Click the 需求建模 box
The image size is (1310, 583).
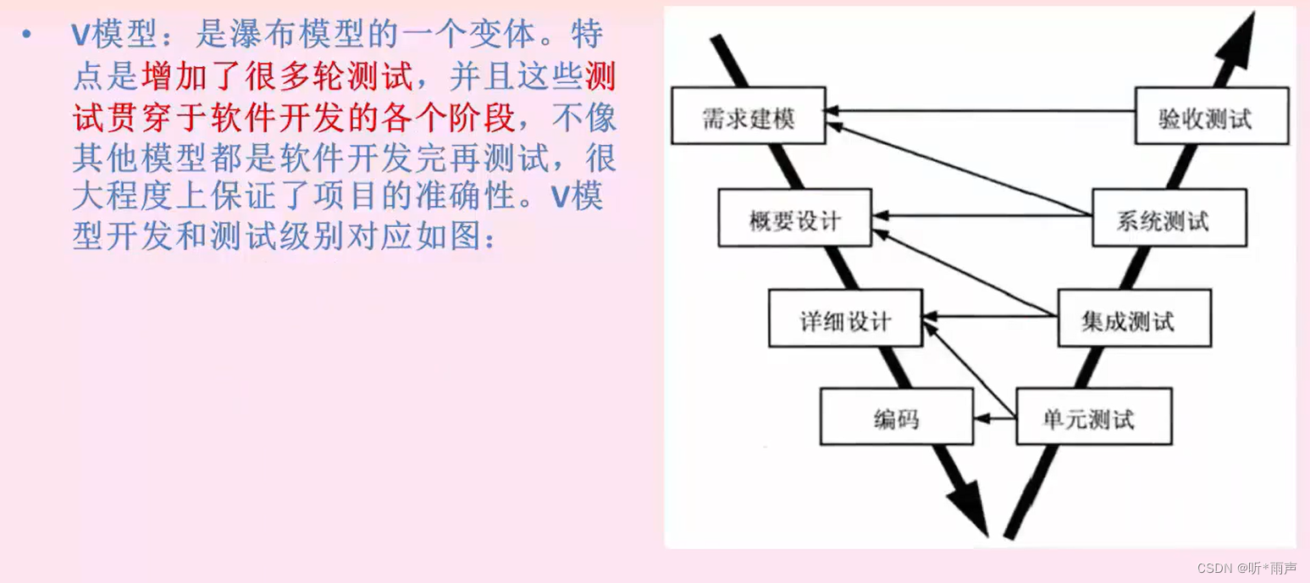click(749, 118)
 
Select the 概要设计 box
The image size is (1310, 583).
click(794, 219)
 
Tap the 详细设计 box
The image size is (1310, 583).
click(844, 319)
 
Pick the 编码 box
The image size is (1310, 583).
click(896, 417)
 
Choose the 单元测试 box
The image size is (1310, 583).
click(1093, 417)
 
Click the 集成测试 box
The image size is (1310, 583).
click(1134, 319)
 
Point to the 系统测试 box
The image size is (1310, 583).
click(1169, 219)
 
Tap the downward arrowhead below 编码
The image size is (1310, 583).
click(970, 508)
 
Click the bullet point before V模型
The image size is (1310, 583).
click(27, 36)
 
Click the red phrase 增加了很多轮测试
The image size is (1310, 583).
click(277, 77)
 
